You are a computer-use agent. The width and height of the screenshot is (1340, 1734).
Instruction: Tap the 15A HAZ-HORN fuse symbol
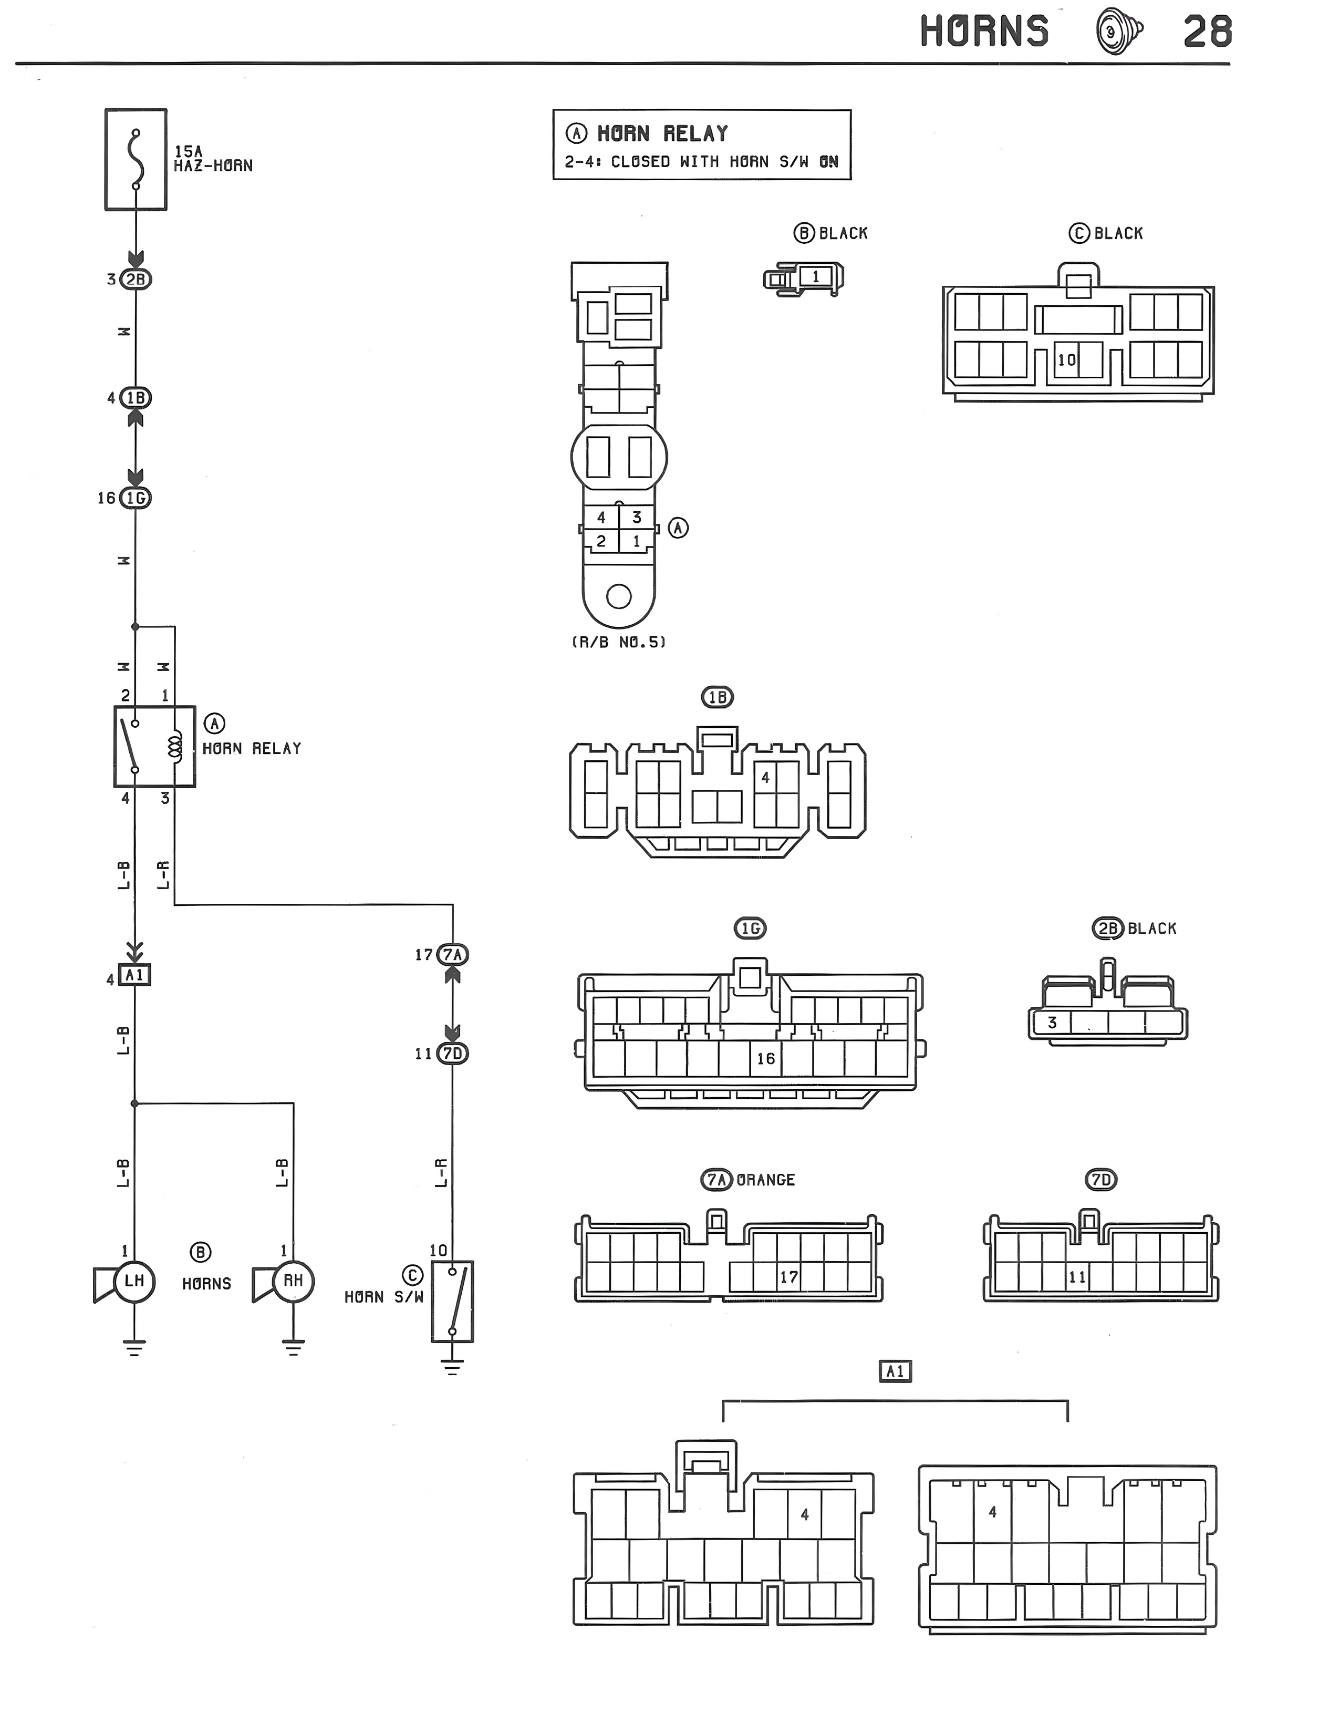[x=136, y=160]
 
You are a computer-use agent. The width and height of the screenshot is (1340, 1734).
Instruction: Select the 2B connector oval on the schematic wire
[x=136, y=280]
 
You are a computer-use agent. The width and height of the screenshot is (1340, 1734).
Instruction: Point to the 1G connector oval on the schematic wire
[x=136, y=498]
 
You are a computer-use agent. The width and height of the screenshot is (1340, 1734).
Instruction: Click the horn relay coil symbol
[x=174, y=746]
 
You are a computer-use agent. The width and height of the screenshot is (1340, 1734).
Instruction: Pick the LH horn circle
[x=134, y=1280]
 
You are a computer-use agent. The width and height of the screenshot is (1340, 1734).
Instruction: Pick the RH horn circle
[x=293, y=1280]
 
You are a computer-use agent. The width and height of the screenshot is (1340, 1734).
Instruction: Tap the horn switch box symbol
[x=452, y=1302]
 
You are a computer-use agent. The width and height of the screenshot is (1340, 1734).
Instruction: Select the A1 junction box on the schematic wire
[x=134, y=974]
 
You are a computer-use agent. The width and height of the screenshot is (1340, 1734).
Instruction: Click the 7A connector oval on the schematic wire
[x=452, y=954]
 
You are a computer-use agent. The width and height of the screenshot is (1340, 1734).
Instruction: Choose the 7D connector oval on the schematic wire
[x=452, y=1054]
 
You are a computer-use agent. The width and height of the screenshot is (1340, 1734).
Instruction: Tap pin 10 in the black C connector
[x=1066, y=359]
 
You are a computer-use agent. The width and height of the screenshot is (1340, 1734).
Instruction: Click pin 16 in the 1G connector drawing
[x=765, y=1058]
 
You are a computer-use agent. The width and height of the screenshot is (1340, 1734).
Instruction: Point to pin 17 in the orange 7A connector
[x=788, y=1277]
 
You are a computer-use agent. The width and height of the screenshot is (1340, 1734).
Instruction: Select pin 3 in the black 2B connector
[x=1052, y=1023]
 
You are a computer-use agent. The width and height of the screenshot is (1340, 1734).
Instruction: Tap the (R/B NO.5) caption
[x=618, y=642]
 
